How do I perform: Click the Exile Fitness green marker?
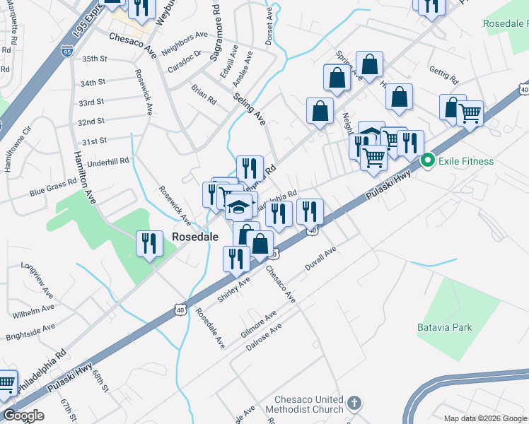tap(428, 161)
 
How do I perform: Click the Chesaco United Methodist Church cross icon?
tap(354, 405)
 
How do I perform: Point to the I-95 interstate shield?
tap(66, 51)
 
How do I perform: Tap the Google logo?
tap(23, 416)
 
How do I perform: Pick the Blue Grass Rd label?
tap(52, 187)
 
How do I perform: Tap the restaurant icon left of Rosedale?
tap(149, 244)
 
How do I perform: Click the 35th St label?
tap(93, 59)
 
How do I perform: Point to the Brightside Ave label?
tap(30, 328)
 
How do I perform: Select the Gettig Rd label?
tap(443, 74)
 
